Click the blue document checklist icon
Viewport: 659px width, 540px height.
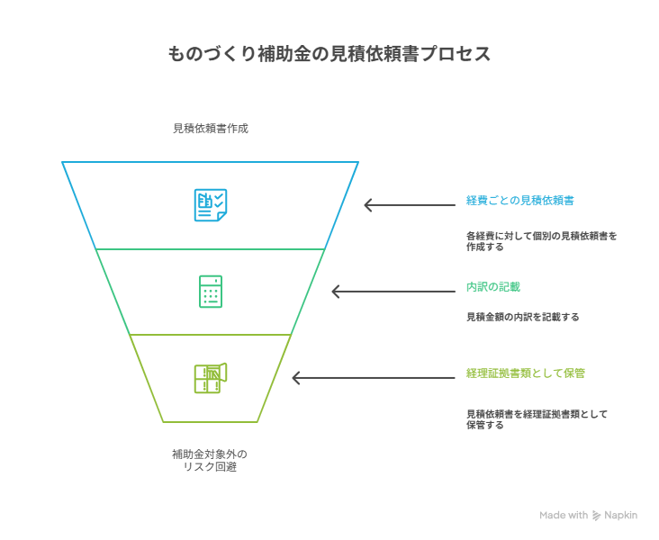click(211, 204)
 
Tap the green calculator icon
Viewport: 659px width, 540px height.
click(211, 292)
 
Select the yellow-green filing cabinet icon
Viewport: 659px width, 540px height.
click(211, 378)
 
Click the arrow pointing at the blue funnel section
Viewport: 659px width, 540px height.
click(410, 205)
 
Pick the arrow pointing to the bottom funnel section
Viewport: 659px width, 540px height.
click(374, 378)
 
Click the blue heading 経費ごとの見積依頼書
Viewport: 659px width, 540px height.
click(520, 199)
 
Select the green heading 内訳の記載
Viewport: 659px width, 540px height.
click(492, 286)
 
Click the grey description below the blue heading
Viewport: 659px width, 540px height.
click(541, 239)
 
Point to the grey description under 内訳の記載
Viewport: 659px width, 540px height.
click(522, 317)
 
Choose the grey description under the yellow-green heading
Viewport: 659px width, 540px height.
click(537, 418)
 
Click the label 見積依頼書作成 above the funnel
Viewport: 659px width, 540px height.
click(210, 129)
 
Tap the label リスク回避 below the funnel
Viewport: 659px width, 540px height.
click(210, 467)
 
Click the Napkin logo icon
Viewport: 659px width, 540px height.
click(597, 516)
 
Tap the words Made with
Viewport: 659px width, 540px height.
click(564, 516)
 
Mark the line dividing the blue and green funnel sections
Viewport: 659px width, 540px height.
click(211, 248)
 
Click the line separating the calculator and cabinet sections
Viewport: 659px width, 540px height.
click(211, 335)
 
